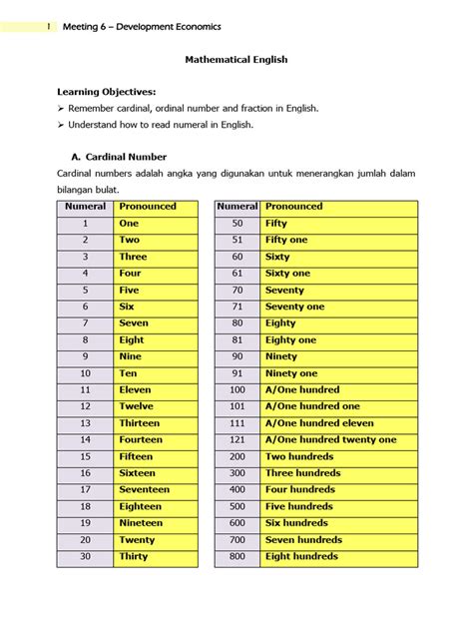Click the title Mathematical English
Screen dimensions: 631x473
coord(236,60)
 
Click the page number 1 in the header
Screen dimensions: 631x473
coord(49,26)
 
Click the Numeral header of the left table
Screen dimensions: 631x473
coord(85,207)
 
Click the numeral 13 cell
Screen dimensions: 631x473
coord(85,423)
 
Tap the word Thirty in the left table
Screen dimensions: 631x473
coord(134,556)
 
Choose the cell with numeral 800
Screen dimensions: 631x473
coord(236,556)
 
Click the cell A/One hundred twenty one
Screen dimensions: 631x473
coord(330,439)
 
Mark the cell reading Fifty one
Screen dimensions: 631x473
coord(286,240)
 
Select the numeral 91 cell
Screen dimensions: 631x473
coord(236,373)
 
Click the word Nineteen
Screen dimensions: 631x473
coord(141,523)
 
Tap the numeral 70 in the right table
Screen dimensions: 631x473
coord(236,290)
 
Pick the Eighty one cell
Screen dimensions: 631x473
coord(290,339)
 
